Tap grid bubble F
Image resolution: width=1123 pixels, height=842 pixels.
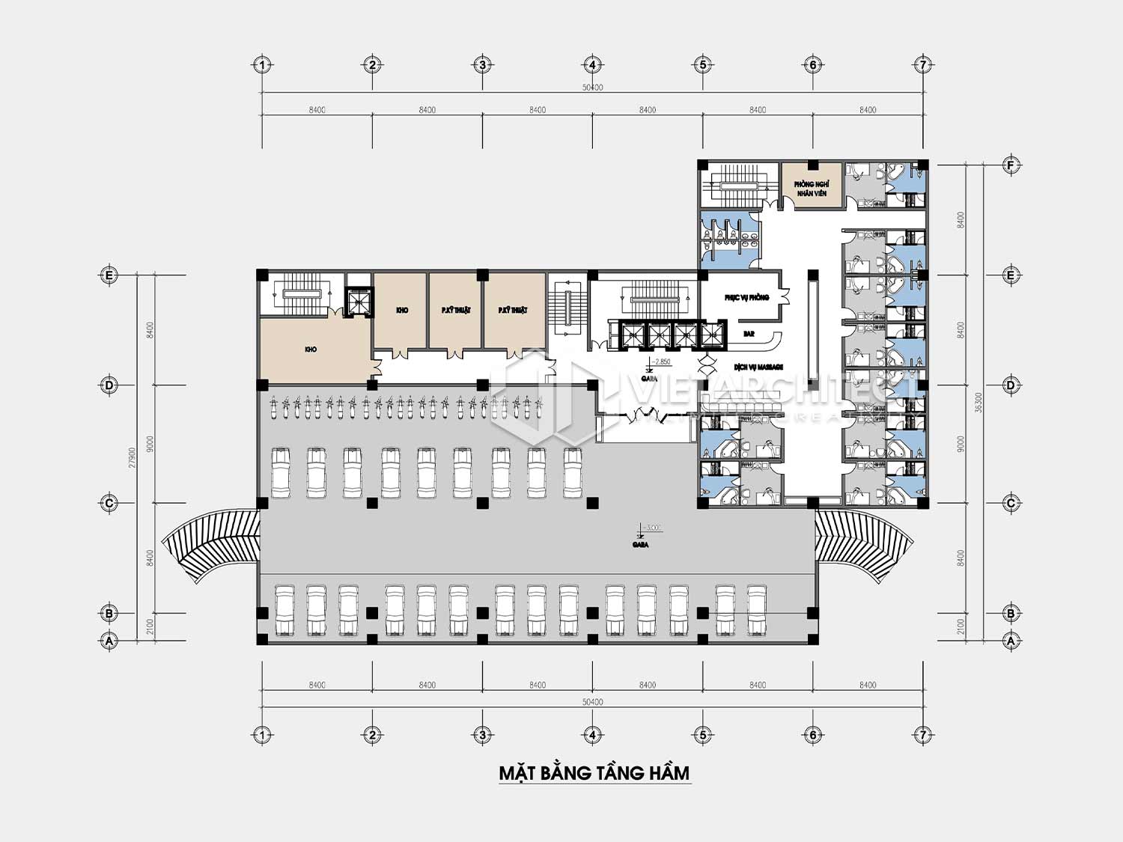(x=1011, y=165)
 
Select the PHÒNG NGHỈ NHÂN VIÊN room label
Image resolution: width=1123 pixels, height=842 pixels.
(x=811, y=189)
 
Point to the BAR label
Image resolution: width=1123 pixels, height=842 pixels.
(x=749, y=334)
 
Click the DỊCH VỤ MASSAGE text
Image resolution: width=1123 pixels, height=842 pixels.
(x=758, y=367)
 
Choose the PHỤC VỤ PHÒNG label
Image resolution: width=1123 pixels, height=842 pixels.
(x=746, y=298)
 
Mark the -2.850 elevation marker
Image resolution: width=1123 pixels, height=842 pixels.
(x=660, y=362)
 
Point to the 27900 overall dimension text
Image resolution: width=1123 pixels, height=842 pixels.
(x=132, y=458)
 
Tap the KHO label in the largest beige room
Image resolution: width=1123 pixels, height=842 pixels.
(x=311, y=350)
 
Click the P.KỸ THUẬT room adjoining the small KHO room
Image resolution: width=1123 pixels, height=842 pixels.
(x=455, y=310)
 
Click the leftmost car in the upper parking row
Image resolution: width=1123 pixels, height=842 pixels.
(x=281, y=472)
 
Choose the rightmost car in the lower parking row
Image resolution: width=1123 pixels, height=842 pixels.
(x=756, y=609)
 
